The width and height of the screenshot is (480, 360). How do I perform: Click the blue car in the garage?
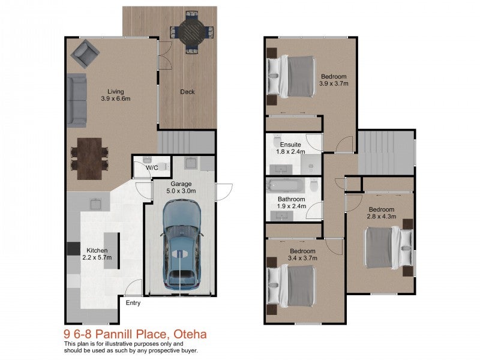click(181, 243)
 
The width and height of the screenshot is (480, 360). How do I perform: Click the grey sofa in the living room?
click(76, 101)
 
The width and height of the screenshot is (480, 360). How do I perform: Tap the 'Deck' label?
click(187, 92)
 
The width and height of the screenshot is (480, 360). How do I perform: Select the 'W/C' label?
click(152, 168)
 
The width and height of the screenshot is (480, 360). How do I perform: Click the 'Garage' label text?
click(181, 184)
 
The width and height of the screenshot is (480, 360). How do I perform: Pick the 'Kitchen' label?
click(97, 250)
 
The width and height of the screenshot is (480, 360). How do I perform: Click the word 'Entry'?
click(133, 303)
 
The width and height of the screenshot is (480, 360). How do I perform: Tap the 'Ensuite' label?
click(290, 145)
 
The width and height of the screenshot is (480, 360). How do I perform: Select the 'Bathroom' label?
click(291, 199)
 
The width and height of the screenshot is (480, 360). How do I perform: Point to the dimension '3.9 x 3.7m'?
click(333, 84)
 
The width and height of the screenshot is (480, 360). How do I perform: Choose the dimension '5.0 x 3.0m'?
click(181, 191)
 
